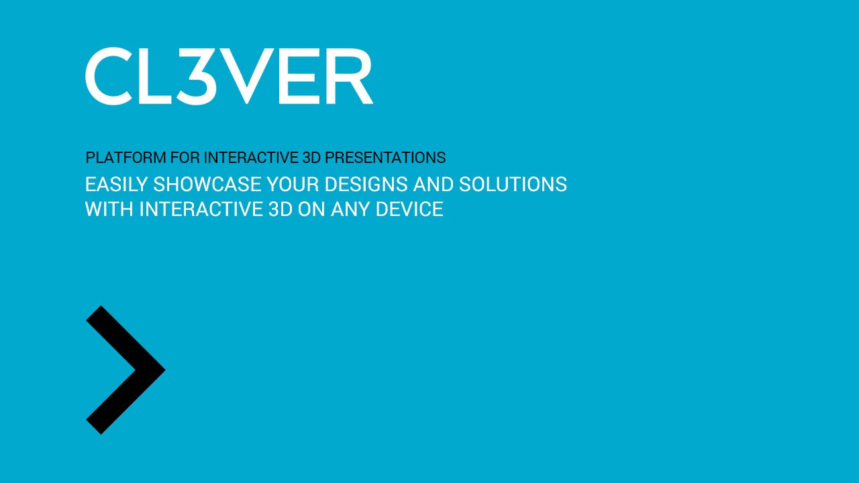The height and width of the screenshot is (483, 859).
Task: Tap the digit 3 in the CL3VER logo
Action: tap(195, 76)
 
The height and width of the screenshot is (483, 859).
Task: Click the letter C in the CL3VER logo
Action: tap(109, 76)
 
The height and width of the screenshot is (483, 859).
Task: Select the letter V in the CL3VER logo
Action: tap(245, 76)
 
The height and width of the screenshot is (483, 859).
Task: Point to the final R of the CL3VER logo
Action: tap(351, 76)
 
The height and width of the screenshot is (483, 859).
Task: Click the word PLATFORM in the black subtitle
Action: tap(125, 158)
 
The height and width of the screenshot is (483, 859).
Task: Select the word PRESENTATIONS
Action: tap(385, 158)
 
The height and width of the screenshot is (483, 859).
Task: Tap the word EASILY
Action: tap(116, 184)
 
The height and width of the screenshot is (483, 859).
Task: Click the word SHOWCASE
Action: tap(207, 184)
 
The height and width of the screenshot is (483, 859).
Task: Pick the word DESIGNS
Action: tap(366, 184)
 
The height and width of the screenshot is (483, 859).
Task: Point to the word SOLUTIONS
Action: tap(513, 184)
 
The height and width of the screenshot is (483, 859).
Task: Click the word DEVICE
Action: tap(409, 209)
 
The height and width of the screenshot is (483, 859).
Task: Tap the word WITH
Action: tap(109, 209)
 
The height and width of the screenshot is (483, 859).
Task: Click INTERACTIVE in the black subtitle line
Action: tap(251, 158)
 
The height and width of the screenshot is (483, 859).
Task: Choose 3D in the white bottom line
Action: tap(281, 209)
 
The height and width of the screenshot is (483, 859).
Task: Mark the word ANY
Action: tap(350, 209)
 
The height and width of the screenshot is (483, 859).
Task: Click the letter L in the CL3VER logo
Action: tap(154, 76)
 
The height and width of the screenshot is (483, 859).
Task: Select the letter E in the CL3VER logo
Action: tap(299, 76)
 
